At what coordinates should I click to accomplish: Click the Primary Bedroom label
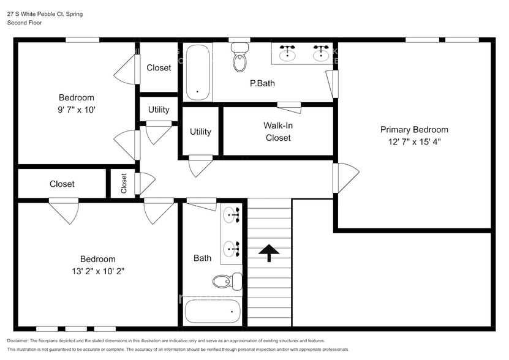[x=414, y=130]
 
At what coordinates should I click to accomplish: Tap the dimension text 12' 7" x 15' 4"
[x=414, y=141]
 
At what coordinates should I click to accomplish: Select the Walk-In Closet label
[x=277, y=132]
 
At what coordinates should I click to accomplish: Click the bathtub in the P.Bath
[x=197, y=72]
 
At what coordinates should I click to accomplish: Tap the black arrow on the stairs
[x=268, y=251]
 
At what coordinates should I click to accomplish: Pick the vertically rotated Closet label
[x=124, y=183]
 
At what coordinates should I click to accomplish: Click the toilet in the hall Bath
[x=225, y=281]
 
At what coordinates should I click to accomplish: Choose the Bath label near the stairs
[x=202, y=258]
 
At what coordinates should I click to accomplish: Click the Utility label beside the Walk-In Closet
[x=200, y=132]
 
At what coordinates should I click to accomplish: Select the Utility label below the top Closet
[x=159, y=110]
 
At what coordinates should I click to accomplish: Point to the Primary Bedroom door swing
[x=346, y=178]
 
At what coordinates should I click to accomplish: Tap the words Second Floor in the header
[x=25, y=23]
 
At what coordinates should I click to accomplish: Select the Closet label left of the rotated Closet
[x=62, y=184]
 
